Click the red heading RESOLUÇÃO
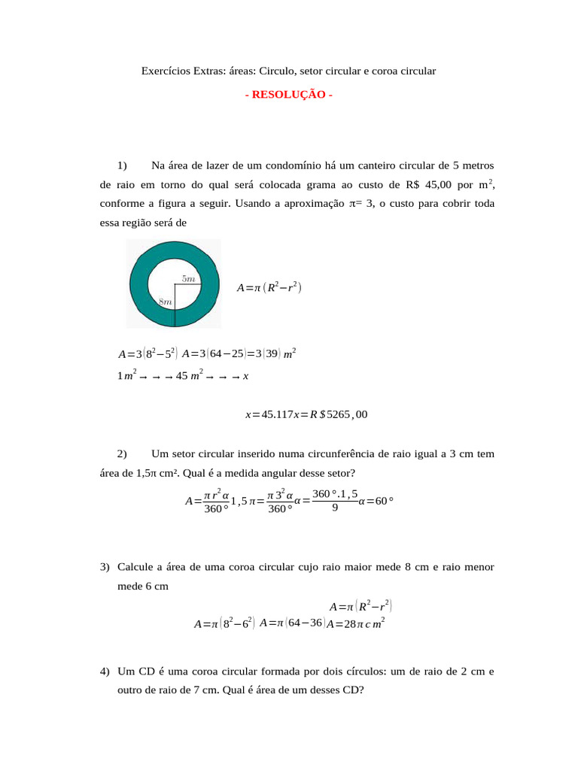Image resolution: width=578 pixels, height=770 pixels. click(x=289, y=95)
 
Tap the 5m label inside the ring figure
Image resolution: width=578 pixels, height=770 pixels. click(x=188, y=278)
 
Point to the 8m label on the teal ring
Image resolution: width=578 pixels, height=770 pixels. click(x=166, y=302)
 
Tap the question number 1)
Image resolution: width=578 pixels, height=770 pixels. click(x=123, y=165)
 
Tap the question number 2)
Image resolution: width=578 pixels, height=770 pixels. click(x=123, y=453)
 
